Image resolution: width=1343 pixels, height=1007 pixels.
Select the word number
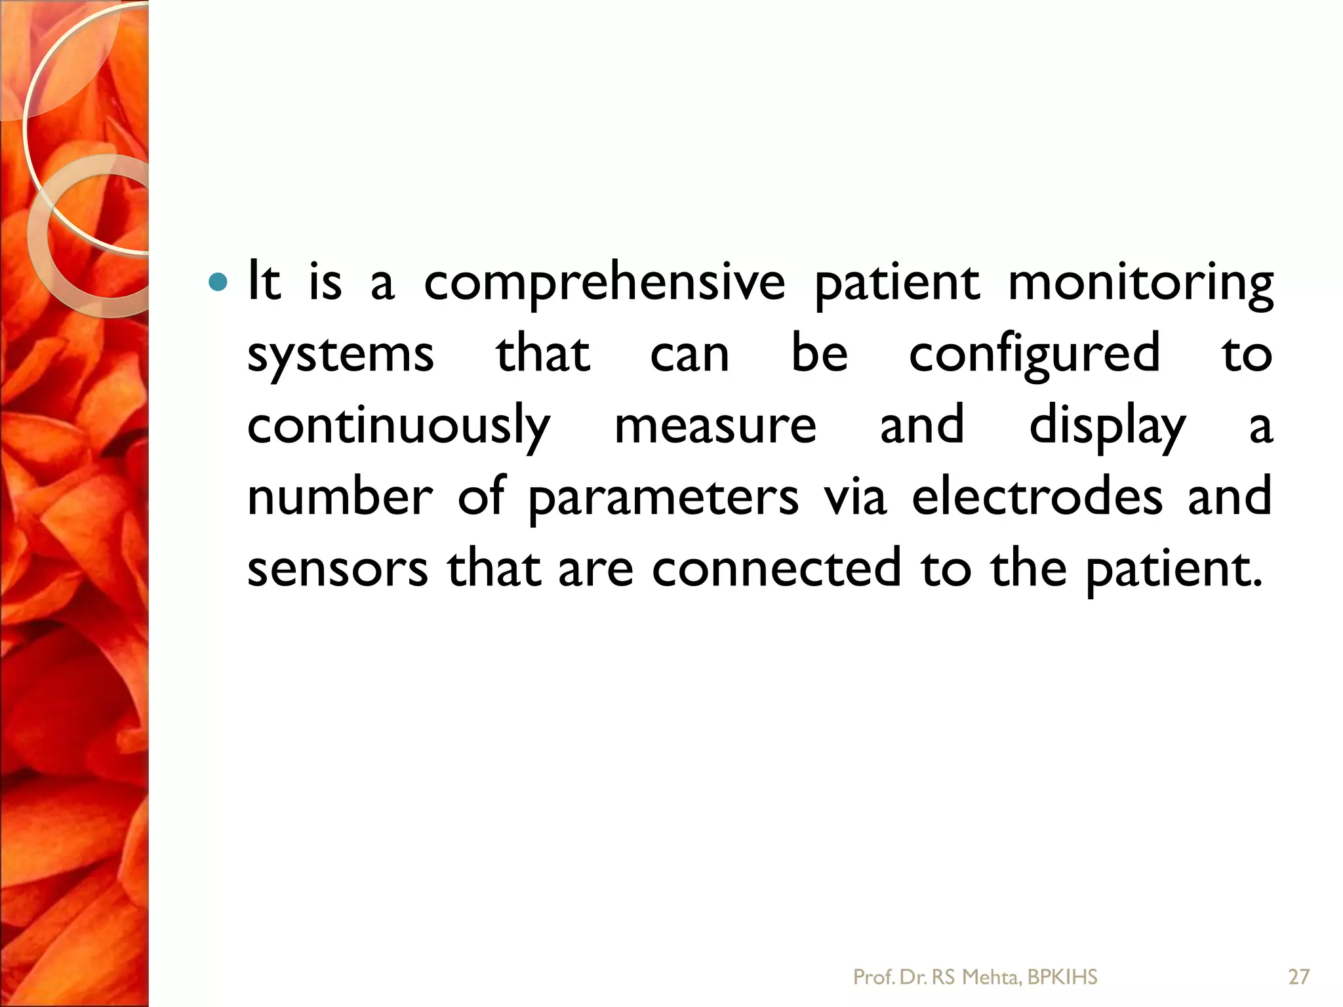click(x=340, y=496)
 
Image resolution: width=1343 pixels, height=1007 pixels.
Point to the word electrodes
click(x=1037, y=496)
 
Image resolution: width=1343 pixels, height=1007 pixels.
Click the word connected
click(x=776, y=568)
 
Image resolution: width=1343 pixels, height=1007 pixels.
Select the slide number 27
click(x=1298, y=977)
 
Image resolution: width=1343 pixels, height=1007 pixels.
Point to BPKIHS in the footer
click(x=1062, y=977)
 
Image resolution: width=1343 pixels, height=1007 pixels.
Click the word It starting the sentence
click(x=264, y=284)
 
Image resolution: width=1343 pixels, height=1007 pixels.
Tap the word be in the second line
click(x=819, y=355)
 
